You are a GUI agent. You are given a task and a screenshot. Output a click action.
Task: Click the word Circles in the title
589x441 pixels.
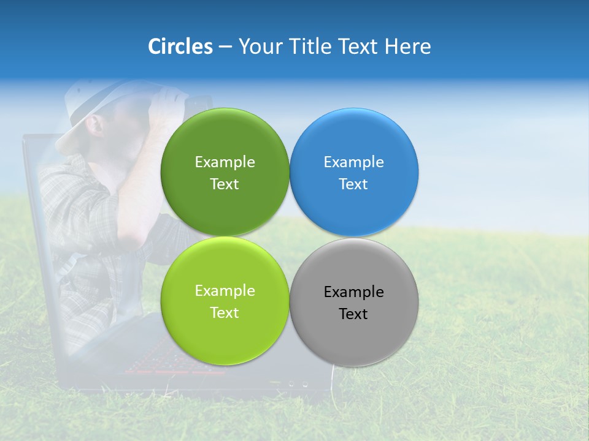(x=180, y=47)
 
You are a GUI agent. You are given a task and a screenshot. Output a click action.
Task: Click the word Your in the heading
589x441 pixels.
(x=260, y=47)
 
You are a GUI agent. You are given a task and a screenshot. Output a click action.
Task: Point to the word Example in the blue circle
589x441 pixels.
(x=353, y=162)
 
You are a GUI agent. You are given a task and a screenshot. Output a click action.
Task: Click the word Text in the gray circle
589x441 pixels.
(x=353, y=314)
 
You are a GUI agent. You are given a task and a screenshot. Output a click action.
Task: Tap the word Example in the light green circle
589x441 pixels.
(x=225, y=291)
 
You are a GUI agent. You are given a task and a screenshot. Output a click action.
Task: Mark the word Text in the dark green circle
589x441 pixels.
(x=225, y=184)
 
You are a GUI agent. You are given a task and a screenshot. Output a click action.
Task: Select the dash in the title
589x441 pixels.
(x=225, y=47)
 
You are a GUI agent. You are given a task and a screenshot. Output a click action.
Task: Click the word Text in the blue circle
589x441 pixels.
(x=353, y=184)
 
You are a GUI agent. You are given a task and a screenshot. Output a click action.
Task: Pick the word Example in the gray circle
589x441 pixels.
(x=353, y=292)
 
